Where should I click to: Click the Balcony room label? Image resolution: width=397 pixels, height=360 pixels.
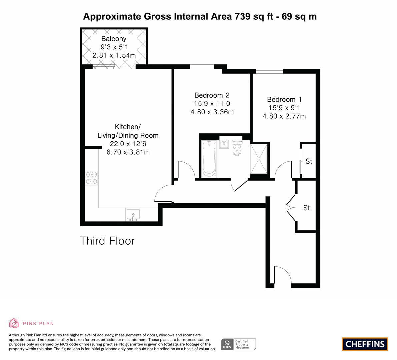click(114, 39)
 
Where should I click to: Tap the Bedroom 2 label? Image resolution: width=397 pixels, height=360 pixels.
click(212, 95)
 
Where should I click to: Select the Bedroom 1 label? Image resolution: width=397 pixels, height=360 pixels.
click(284, 99)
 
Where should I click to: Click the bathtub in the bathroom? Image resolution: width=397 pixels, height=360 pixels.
click(209, 159)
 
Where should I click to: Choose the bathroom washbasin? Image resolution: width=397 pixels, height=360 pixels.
click(224, 145)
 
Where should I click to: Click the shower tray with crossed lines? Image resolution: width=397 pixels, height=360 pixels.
click(259, 159)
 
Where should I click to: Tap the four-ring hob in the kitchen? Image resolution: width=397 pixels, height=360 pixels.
click(91, 178)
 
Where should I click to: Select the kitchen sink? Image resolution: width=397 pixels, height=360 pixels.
click(133, 215)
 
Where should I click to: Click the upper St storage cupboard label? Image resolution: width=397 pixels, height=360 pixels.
click(309, 161)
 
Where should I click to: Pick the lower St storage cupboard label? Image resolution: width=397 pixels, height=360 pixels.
click(306, 208)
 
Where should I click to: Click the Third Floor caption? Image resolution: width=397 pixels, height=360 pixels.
click(107, 241)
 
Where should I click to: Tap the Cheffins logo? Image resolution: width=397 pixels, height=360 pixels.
click(365, 344)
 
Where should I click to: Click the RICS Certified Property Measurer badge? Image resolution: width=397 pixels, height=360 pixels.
click(239, 344)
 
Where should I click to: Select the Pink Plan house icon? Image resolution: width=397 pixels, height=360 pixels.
click(14, 323)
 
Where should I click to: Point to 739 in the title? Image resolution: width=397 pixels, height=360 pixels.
click(243, 16)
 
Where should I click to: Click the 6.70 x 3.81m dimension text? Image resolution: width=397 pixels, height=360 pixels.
click(128, 152)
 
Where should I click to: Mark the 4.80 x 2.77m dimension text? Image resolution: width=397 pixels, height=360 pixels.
click(284, 116)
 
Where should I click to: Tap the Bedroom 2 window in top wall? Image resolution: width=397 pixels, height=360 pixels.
click(202, 67)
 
